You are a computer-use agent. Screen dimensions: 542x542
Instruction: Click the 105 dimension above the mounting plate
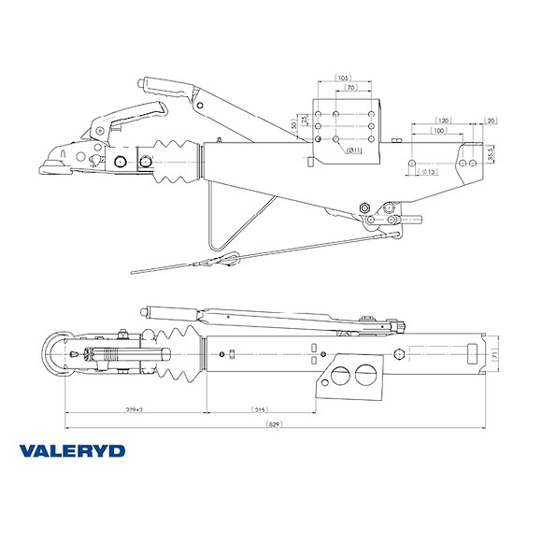click(343, 78)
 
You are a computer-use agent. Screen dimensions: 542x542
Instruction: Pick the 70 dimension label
click(350, 87)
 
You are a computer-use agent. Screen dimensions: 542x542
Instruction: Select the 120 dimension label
click(445, 121)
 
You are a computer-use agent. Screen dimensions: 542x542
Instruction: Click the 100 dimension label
click(437, 131)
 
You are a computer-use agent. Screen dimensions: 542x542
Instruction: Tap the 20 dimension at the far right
click(492, 121)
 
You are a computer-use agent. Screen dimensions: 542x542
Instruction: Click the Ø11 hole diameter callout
click(354, 150)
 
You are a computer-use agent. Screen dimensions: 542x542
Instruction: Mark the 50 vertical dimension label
click(294, 124)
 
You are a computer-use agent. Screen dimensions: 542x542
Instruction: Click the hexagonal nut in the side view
click(364, 207)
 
